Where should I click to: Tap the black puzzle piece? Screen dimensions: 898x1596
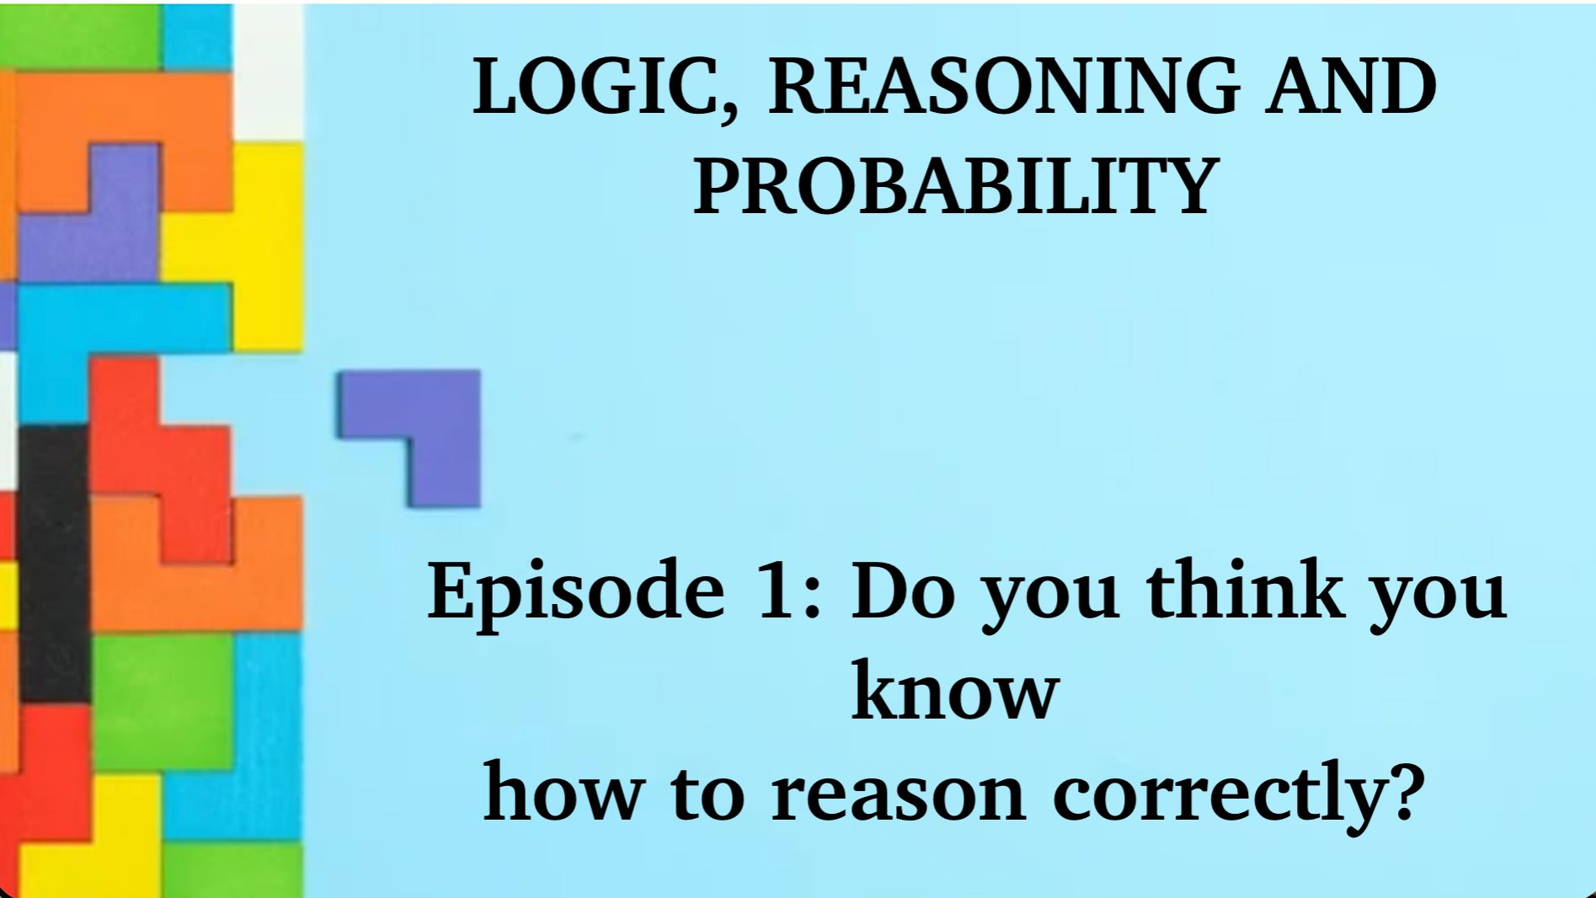click(53, 564)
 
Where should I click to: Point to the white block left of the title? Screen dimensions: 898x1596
click(269, 72)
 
